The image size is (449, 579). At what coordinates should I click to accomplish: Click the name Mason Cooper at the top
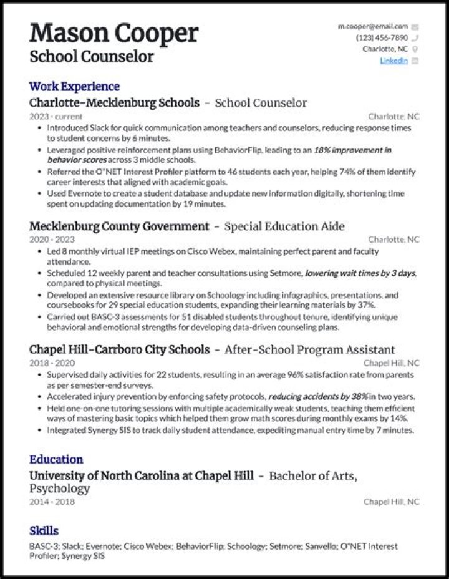[x=113, y=32]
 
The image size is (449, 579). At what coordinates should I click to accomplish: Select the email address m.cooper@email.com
[x=373, y=27]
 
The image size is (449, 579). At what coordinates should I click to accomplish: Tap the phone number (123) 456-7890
[x=382, y=38]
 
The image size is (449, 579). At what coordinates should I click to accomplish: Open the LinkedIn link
[x=394, y=61]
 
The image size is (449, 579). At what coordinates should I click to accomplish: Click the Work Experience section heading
[x=74, y=87]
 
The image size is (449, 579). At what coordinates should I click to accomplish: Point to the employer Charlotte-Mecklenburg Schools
[x=114, y=102]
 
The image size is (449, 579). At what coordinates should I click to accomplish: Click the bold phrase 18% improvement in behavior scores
[x=352, y=150]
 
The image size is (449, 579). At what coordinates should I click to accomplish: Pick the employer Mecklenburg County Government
[x=119, y=226]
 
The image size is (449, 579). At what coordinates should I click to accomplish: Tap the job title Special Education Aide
[x=284, y=226]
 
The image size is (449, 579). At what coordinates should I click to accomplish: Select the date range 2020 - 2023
[x=51, y=240]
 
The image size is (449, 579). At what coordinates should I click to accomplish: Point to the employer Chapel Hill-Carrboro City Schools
[x=118, y=349]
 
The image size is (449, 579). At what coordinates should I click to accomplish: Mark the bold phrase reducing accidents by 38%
[x=318, y=397]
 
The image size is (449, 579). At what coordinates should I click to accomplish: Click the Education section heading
[x=56, y=460]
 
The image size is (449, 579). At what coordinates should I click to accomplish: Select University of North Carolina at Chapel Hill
[x=142, y=475]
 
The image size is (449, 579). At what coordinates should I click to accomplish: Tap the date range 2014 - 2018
[x=51, y=502]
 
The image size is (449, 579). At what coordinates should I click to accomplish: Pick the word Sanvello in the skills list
[x=321, y=546]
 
